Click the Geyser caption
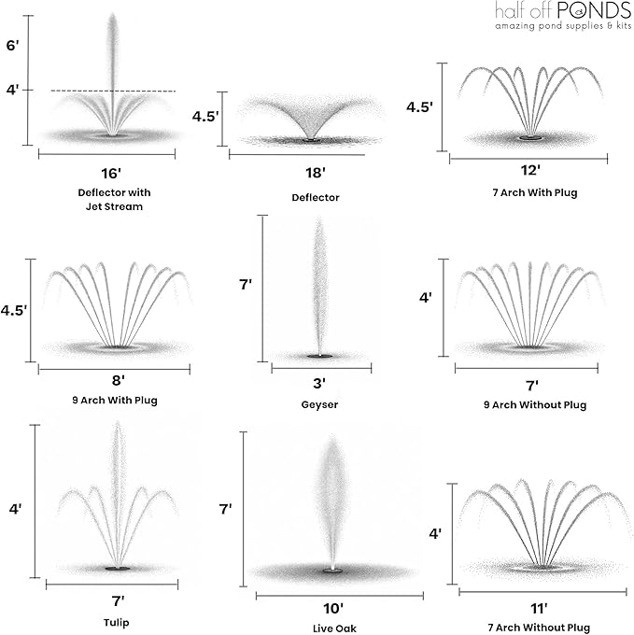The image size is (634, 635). pos(319,404)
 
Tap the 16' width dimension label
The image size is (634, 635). pos(111,174)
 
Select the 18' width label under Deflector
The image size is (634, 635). pos(316,173)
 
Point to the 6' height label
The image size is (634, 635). pos(12,45)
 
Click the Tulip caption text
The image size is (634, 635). pos(116,623)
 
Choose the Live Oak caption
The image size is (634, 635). pos(334,628)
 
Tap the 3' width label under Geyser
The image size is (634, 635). pos(319,383)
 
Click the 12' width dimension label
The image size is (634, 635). pos(530,170)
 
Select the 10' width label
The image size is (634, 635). pos(333,608)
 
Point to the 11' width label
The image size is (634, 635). pos(539,608)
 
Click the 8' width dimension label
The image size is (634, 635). pos(119,380)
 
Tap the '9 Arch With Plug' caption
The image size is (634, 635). pos(115,401)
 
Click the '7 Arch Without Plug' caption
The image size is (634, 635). pos(539,628)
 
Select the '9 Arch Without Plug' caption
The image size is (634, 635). pos(535,405)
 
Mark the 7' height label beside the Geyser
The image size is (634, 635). pos(246,284)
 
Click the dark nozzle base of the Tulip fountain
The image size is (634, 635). pos(118,569)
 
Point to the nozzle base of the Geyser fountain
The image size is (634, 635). pos(320,356)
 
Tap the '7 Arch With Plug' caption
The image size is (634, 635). pos(535,192)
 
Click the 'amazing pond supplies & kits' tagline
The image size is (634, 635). pos(563,26)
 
